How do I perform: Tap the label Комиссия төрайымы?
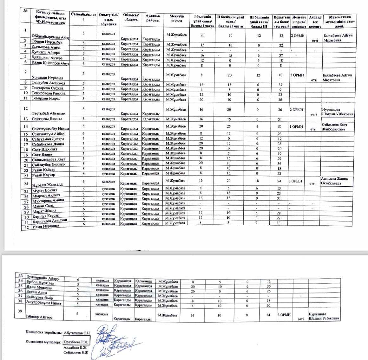click(44, 332)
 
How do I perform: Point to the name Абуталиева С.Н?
click(77, 333)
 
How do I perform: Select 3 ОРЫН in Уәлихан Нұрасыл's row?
click(297, 75)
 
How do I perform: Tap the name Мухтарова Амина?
click(48, 200)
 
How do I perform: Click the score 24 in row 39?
click(192, 316)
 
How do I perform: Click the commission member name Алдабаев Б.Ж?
click(76, 348)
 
